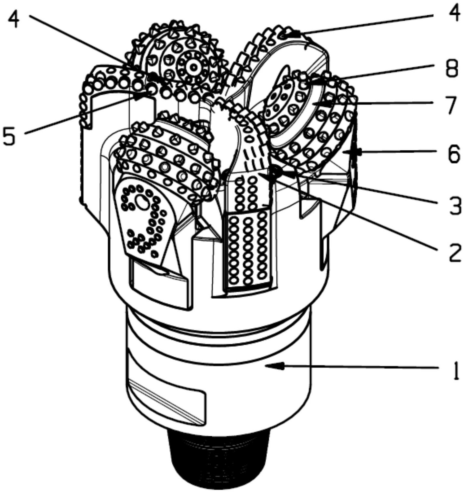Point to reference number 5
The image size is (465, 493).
[9, 135]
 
